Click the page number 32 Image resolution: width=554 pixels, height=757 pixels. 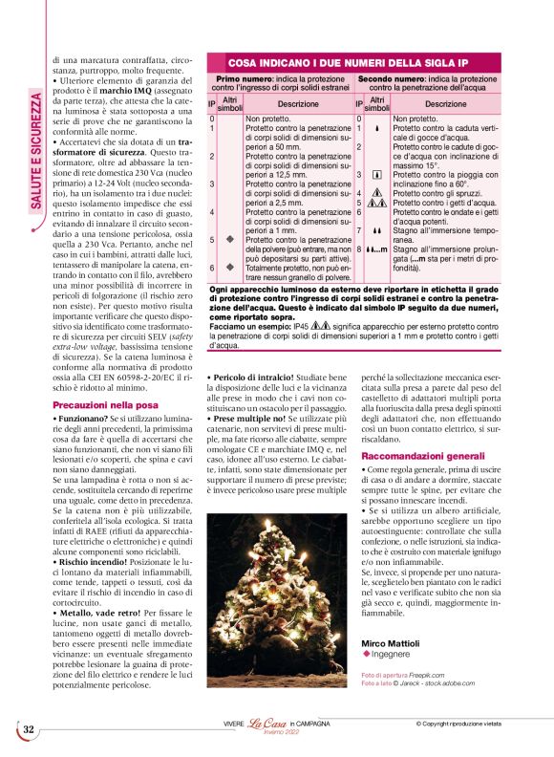pos(29,728)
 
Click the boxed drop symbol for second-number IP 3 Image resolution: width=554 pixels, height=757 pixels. pos(380,176)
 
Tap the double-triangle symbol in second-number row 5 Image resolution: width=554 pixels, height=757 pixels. pos(380,203)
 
